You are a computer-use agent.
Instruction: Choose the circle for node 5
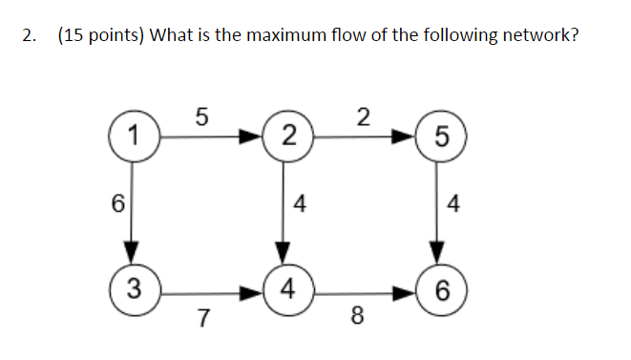(x=438, y=137)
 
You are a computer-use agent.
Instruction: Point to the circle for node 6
(x=438, y=287)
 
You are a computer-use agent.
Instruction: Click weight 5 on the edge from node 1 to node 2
(x=200, y=116)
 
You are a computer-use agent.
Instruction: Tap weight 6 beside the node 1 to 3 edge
(x=117, y=204)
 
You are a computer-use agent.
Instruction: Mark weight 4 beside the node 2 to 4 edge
(x=301, y=204)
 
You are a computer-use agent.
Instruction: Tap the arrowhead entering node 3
(x=136, y=255)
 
